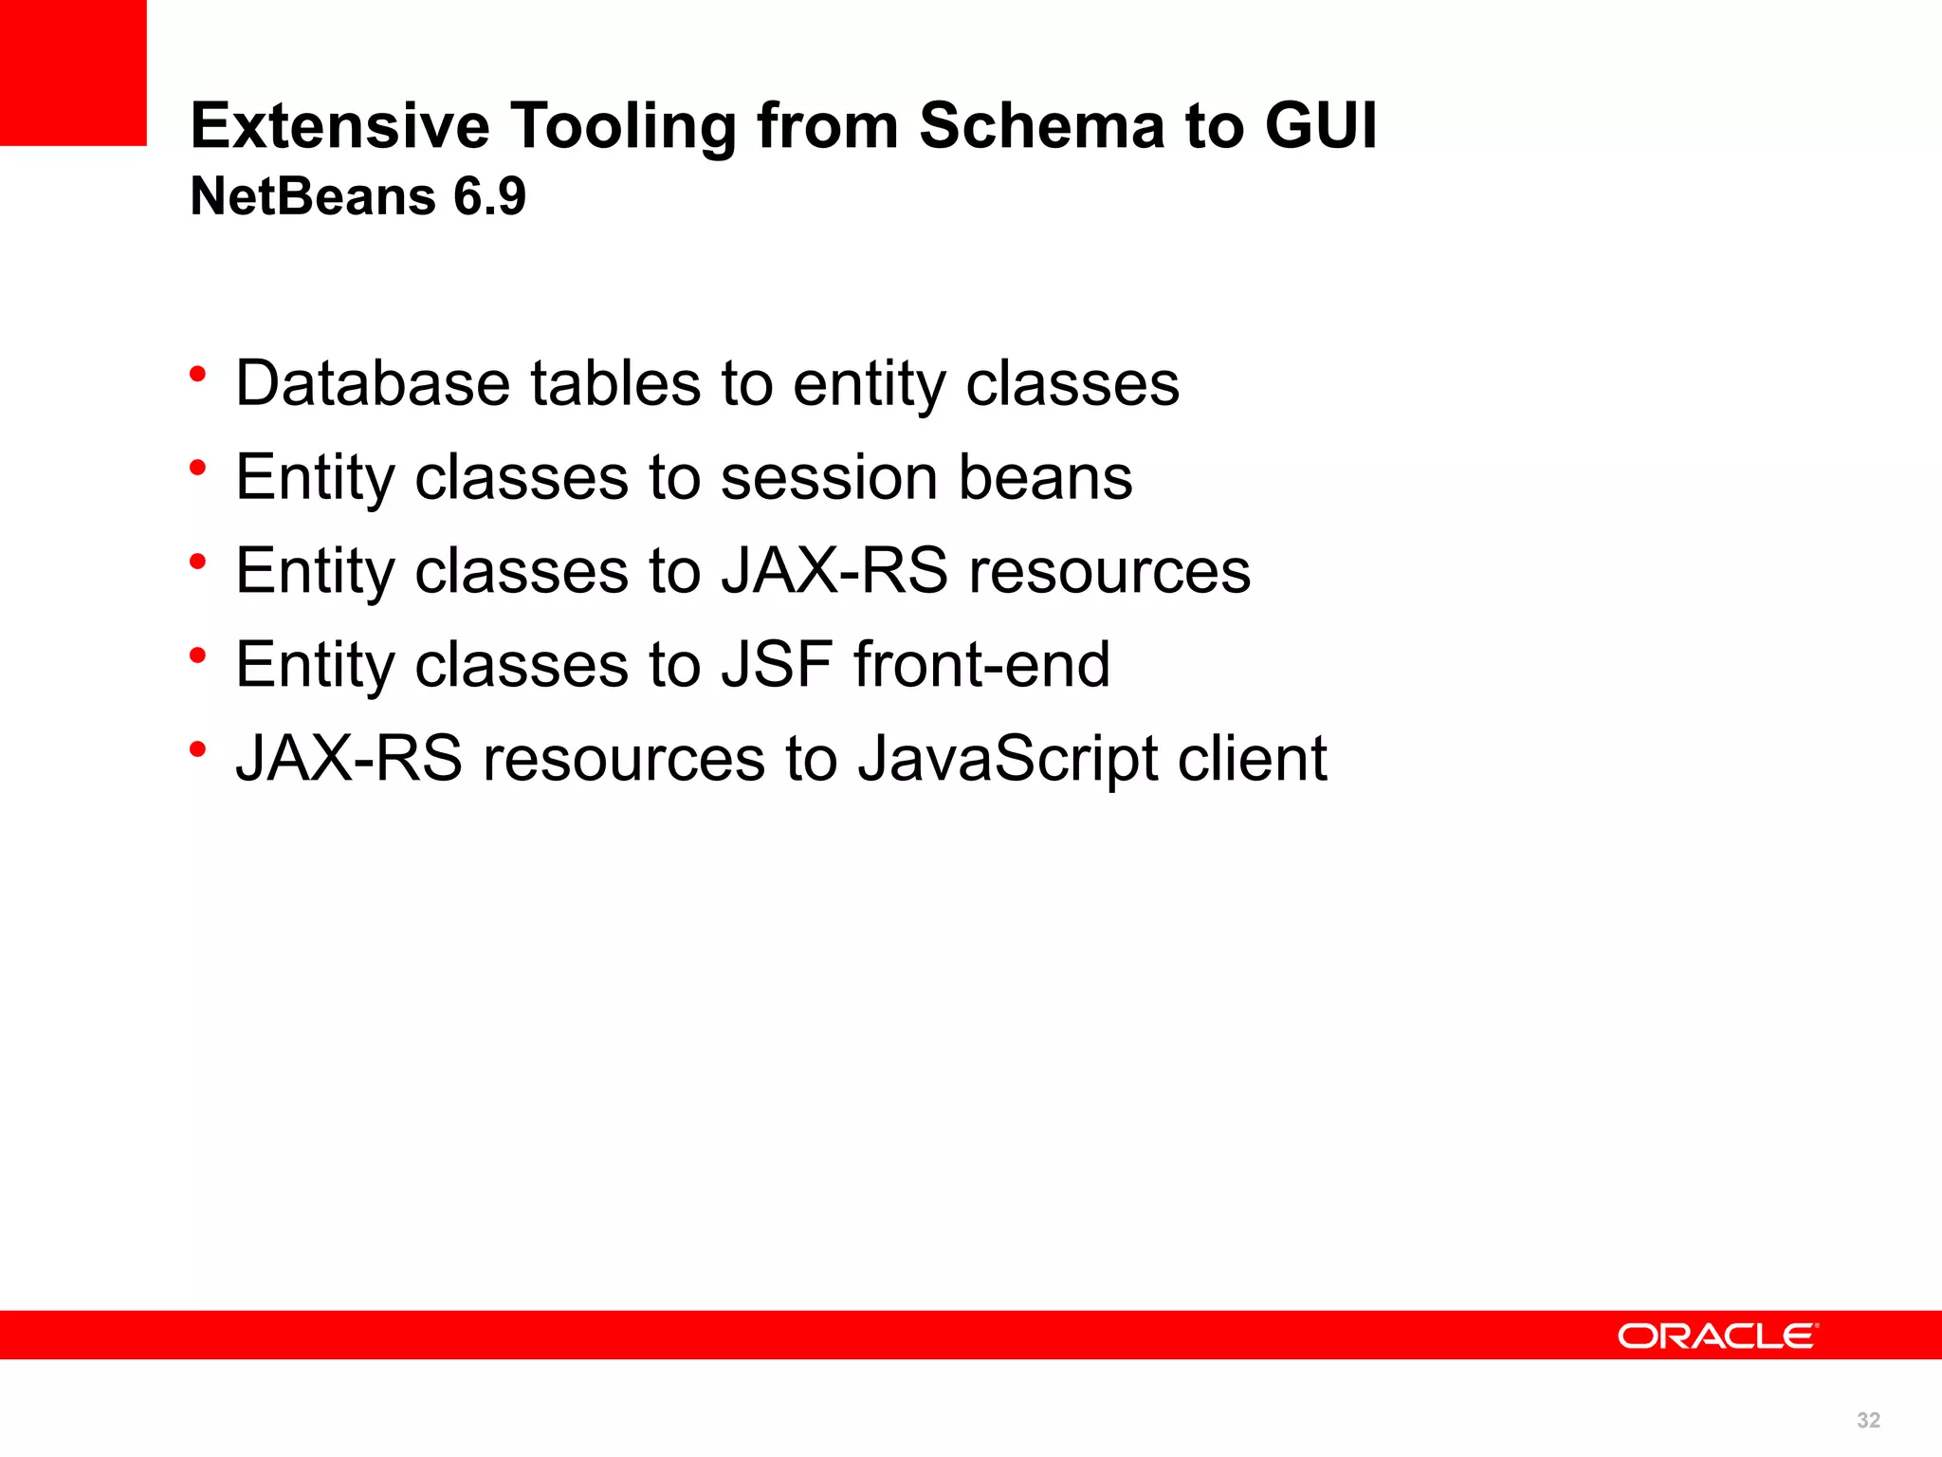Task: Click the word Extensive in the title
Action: click(x=339, y=126)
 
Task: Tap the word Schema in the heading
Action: click(x=1041, y=126)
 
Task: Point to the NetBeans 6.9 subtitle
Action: click(x=357, y=196)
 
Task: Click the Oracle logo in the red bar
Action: click(x=1717, y=1336)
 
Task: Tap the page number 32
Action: click(x=1868, y=1420)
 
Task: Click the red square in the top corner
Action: click(x=73, y=72)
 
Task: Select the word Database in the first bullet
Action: click(x=373, y=383)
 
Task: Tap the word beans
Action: click(x=1045, y=477)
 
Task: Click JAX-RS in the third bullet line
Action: click(x=834, y=571)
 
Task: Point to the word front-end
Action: click(x=981, y=665)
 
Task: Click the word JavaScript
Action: click(x=1007, y=759)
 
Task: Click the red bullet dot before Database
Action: click(x=197, y=375)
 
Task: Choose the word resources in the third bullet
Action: click(x=1109, y=571)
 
